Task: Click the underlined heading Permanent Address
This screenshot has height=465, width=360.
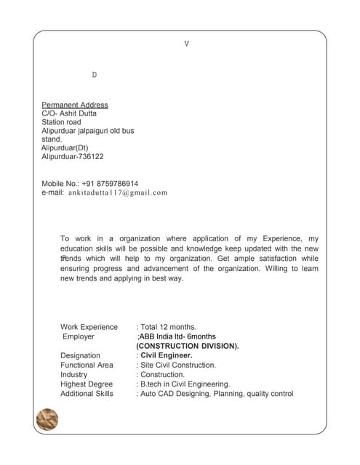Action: click(75, 105)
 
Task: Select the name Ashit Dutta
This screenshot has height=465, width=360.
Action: click(80, 113)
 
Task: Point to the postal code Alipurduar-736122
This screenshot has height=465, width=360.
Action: click(73, 156)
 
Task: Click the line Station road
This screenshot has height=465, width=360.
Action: click(61, 122)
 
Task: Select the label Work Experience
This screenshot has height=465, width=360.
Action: click(89, 327)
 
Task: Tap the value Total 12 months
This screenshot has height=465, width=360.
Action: click(168, 327)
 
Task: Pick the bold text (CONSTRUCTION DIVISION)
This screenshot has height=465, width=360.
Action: click(187, 346)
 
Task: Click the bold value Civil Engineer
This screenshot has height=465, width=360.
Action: click(167, 355)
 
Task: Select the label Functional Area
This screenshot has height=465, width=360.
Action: click(87, 365)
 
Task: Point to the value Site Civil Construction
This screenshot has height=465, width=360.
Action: click(178, 365)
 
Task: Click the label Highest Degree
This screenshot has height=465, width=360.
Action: click(87, 384)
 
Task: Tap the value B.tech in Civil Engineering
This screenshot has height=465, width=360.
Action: click(185, 384)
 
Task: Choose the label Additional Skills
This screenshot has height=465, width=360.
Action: click(87, 393)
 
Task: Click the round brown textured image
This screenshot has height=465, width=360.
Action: click(47, 419)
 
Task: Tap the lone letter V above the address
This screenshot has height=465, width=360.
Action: click(187, 44)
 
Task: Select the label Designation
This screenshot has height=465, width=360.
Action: click(81, 355)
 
